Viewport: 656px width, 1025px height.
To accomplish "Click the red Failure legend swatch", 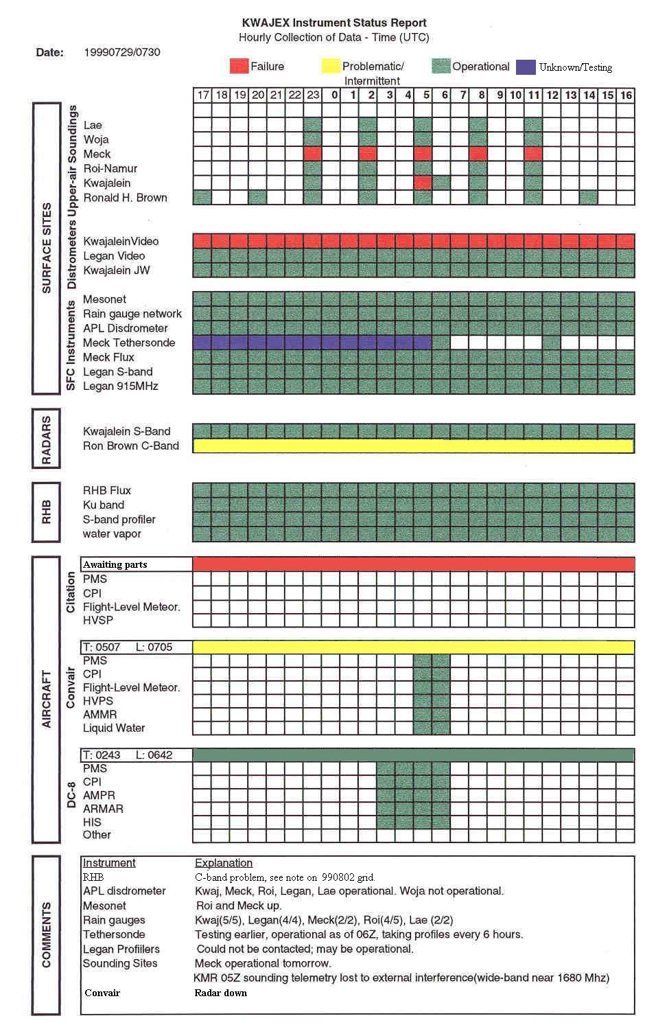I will [x=239, y=66].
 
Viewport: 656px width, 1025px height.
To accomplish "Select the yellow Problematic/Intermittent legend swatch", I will [x=331, y=66].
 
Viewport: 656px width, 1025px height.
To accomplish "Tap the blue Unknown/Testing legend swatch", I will [x=526, y=67].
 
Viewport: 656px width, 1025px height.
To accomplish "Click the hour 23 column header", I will [x=313, y=95].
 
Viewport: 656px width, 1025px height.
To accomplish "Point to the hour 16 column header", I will [x=626, y=95].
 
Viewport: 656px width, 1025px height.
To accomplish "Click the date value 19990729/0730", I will [x=122, y=52].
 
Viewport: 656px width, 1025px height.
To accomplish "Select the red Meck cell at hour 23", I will [x=313, y=153].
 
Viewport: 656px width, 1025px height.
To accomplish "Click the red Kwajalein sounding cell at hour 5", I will [x=423, y=183].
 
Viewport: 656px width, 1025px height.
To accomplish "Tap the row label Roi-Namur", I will [x=110, y=168].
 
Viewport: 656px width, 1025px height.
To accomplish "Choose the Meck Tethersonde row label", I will [x=129, y=343].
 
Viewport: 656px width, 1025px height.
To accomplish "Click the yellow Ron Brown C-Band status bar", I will [x=414, y=446].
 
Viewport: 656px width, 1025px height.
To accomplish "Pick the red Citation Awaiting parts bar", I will [x=414, y=564].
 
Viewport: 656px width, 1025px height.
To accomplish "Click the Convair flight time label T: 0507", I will [x=102, y=647].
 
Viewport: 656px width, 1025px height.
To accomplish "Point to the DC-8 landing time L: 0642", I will [x=154, y=755].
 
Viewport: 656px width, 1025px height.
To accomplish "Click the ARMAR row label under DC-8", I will [x=103, y=809].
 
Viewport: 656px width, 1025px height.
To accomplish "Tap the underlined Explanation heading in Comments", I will [x=224, y=863].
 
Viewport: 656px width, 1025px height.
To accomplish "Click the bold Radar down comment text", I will [x=220, y=993].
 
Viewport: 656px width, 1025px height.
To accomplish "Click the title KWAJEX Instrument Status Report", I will [x=334, y=23].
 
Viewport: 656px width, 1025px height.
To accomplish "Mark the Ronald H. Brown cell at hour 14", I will [x=589, y=197].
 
